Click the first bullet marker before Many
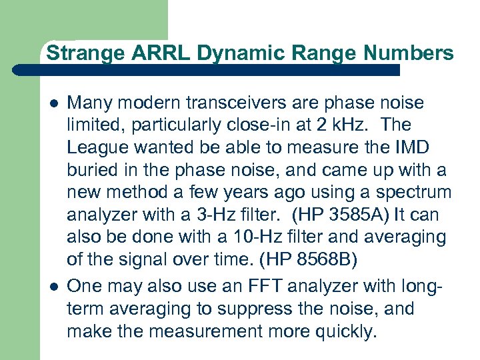(51, 103)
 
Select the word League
(97, 148)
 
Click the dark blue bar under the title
(220, 69)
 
